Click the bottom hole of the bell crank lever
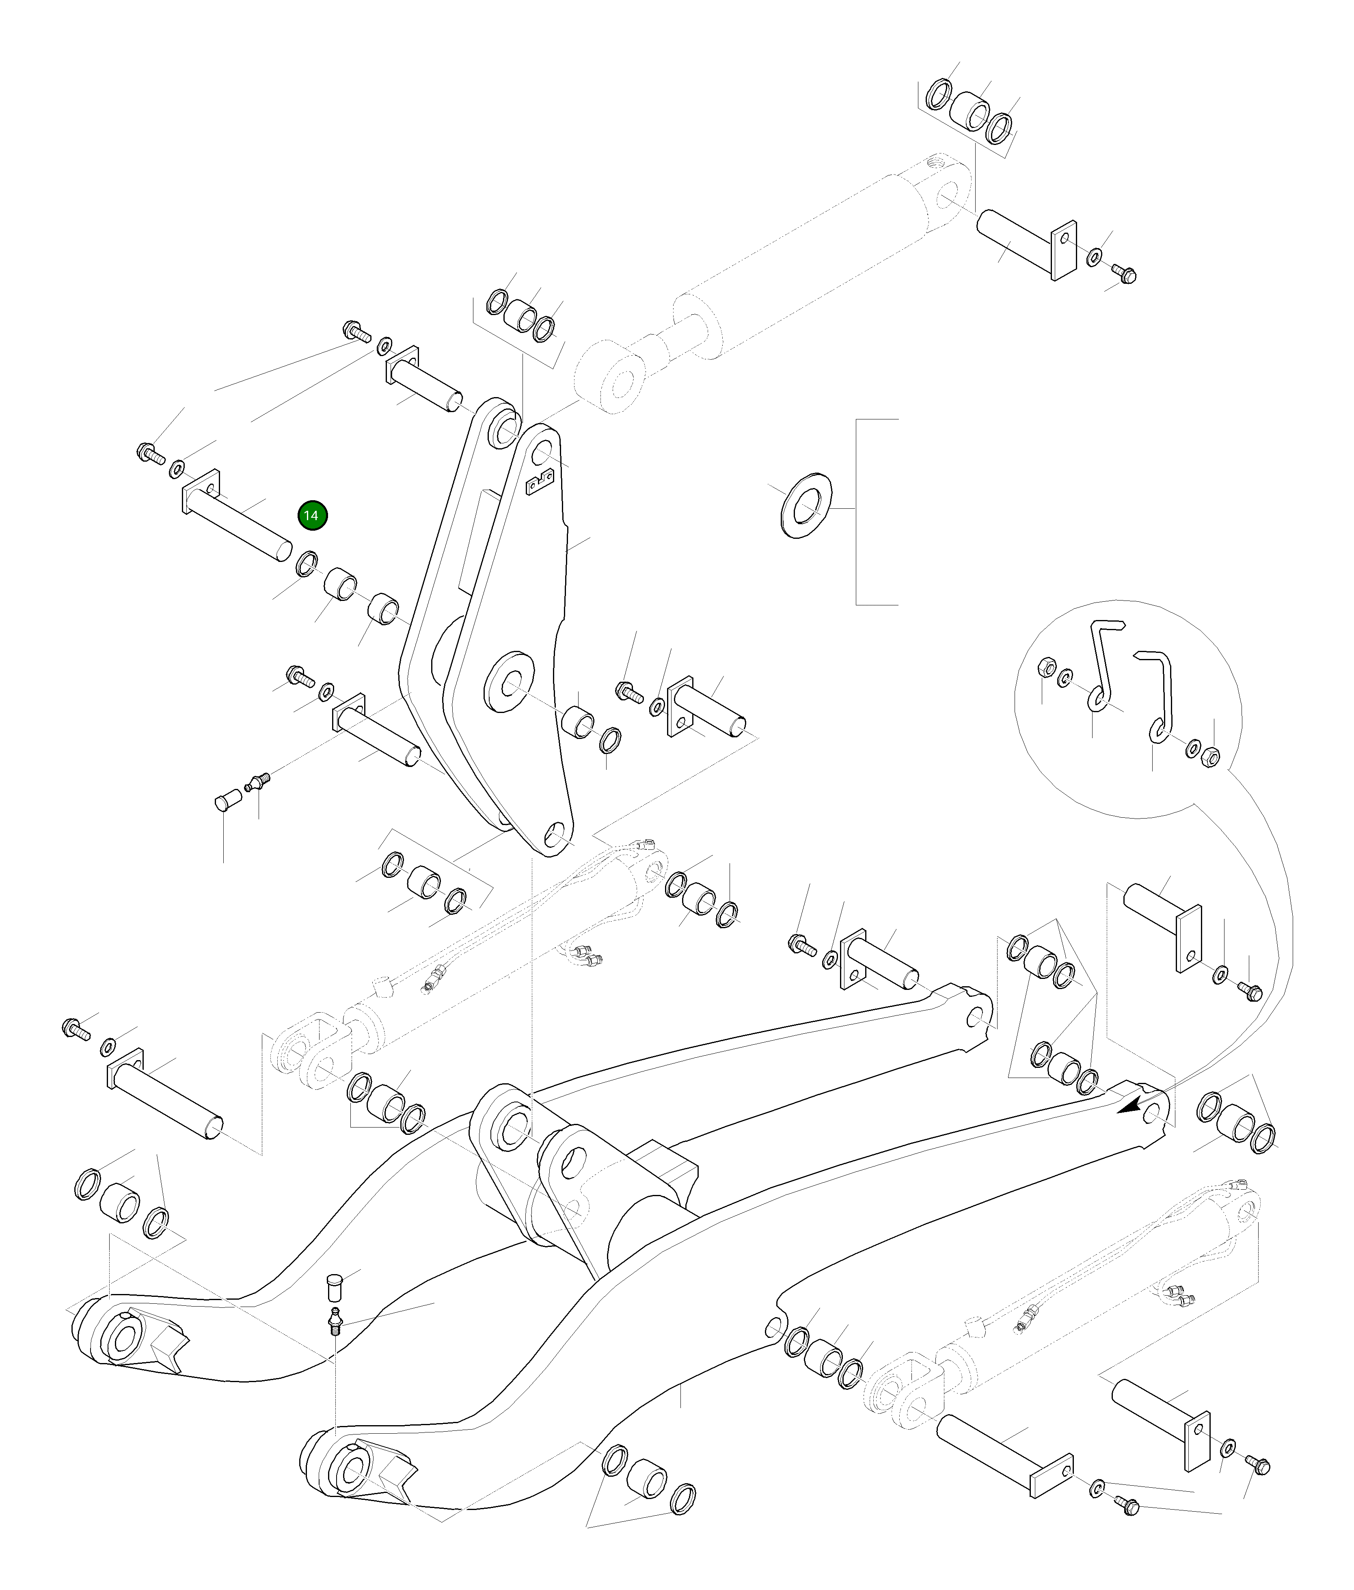pos(555,833)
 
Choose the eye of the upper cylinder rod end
pos(618,384)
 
